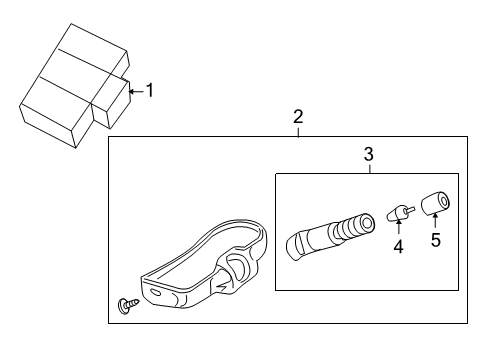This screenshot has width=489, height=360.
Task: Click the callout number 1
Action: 150,90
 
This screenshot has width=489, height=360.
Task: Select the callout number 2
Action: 298,117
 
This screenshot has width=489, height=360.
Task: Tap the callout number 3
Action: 369,154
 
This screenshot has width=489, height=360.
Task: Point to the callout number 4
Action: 398,247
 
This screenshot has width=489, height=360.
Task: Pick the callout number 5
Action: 436,240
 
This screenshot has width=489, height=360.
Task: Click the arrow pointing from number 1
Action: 137,91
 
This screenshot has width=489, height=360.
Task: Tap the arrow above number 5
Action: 435,221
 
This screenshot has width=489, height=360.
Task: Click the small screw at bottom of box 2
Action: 128,305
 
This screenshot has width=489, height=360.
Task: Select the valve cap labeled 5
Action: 436,202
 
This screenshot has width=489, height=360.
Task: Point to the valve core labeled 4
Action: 400,212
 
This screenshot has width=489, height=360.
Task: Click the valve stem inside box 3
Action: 330,236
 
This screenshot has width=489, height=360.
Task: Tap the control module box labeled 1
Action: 75,86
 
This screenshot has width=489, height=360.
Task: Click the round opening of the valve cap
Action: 444,201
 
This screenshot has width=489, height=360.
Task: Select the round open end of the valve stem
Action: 367,223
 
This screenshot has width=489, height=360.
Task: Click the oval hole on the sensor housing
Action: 155,292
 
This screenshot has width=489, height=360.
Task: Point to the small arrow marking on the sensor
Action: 223,286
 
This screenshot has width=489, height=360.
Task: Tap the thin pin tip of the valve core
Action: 411,209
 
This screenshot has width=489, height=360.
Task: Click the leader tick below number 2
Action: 298,132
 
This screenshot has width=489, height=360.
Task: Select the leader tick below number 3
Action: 370,169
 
